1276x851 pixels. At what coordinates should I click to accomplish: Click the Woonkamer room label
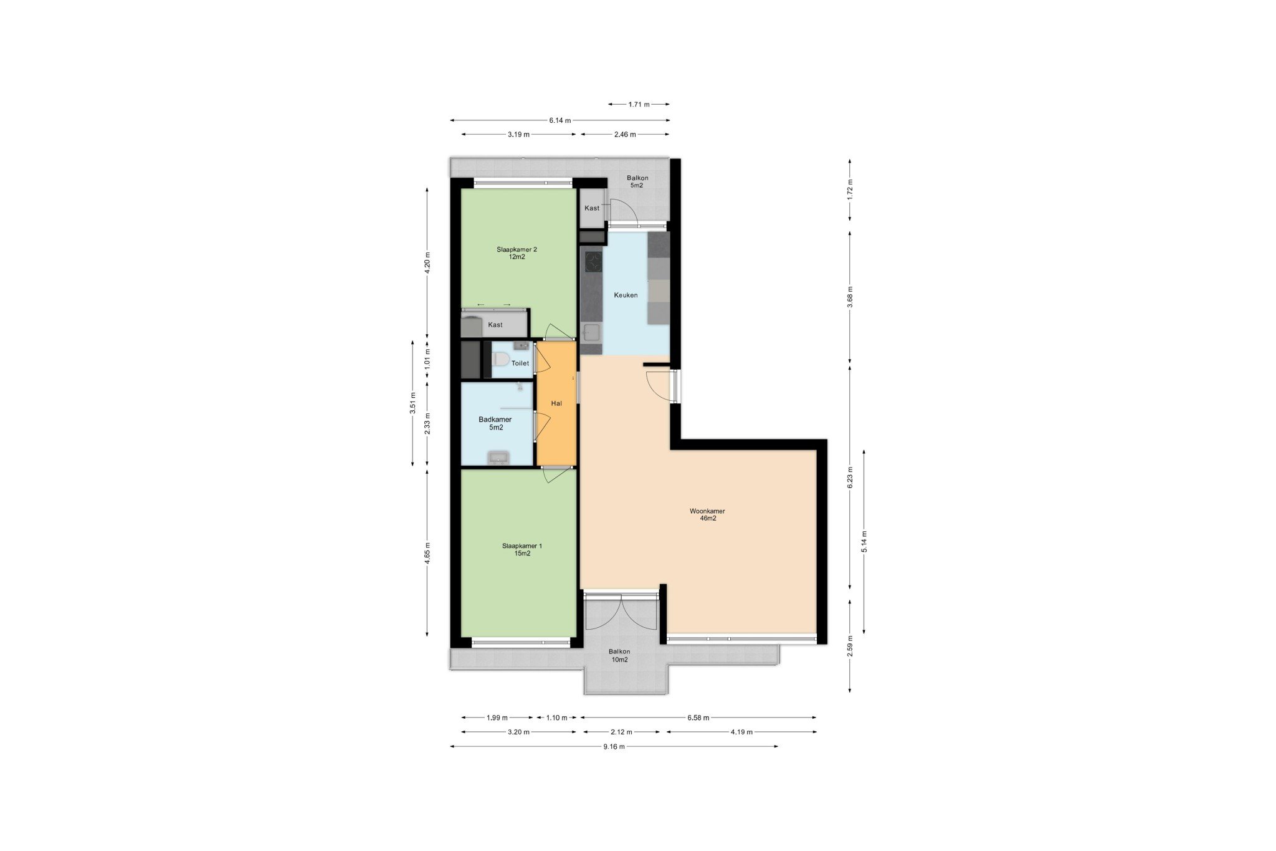[707, 514]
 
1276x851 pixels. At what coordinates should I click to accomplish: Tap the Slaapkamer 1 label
[522, 549]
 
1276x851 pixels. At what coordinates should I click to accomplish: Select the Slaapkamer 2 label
[517, 252]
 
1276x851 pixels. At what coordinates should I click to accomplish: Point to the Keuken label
[626, 295]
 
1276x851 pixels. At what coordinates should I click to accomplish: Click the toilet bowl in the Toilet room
[499, 360]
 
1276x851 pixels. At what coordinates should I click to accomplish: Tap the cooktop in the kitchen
[593, 261]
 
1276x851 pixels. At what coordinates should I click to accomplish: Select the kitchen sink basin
[591, 332]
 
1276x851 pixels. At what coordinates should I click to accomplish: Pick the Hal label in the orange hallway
[556, 403]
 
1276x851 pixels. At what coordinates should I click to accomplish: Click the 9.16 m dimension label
[614, 746]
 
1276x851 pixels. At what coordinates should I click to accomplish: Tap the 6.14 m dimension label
[560, 120]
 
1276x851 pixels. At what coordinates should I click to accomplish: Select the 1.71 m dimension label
[639, 104]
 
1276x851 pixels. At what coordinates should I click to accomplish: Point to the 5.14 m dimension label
[864, 541]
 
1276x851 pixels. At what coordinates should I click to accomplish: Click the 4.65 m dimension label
[427, 553]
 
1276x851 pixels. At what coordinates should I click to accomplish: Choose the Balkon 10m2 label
[619, 655]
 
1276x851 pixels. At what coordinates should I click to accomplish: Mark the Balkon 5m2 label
[637, 181]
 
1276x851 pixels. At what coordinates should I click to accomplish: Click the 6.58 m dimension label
[698, 718]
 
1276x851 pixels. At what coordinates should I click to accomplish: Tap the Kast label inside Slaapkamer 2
[495, 325]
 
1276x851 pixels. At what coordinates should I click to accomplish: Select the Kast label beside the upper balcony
[592, 208]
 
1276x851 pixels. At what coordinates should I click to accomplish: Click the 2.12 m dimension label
[621, 732]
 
